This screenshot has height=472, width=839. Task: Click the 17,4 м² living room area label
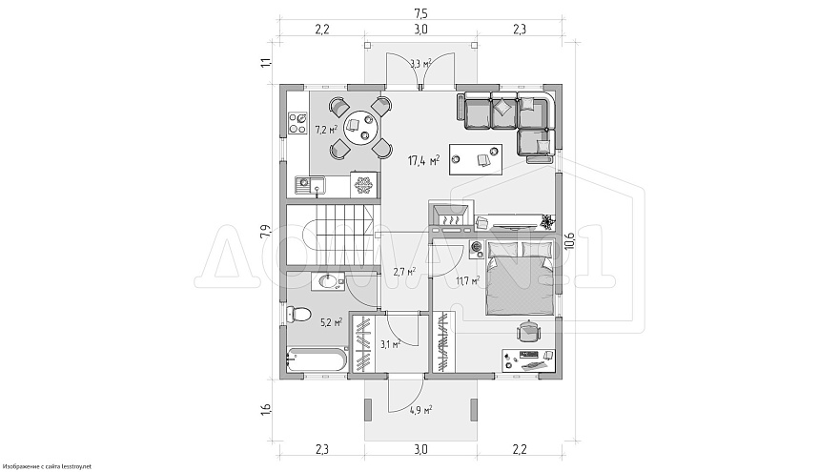point(423,160)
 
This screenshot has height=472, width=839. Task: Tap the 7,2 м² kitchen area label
point(325,129)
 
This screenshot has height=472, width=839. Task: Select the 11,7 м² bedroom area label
point(467,279)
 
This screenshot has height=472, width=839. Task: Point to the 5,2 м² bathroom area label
point(331,322)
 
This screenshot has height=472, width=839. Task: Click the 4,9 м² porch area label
point(420,410)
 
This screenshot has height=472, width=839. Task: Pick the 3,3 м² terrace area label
point(420,64)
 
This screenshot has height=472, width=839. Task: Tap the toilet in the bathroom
point(298,314)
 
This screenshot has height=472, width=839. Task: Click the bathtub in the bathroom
point(316,359)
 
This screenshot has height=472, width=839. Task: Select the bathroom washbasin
point(327,281)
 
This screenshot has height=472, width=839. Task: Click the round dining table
point(361,128)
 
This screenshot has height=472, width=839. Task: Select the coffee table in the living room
point(476,159)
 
